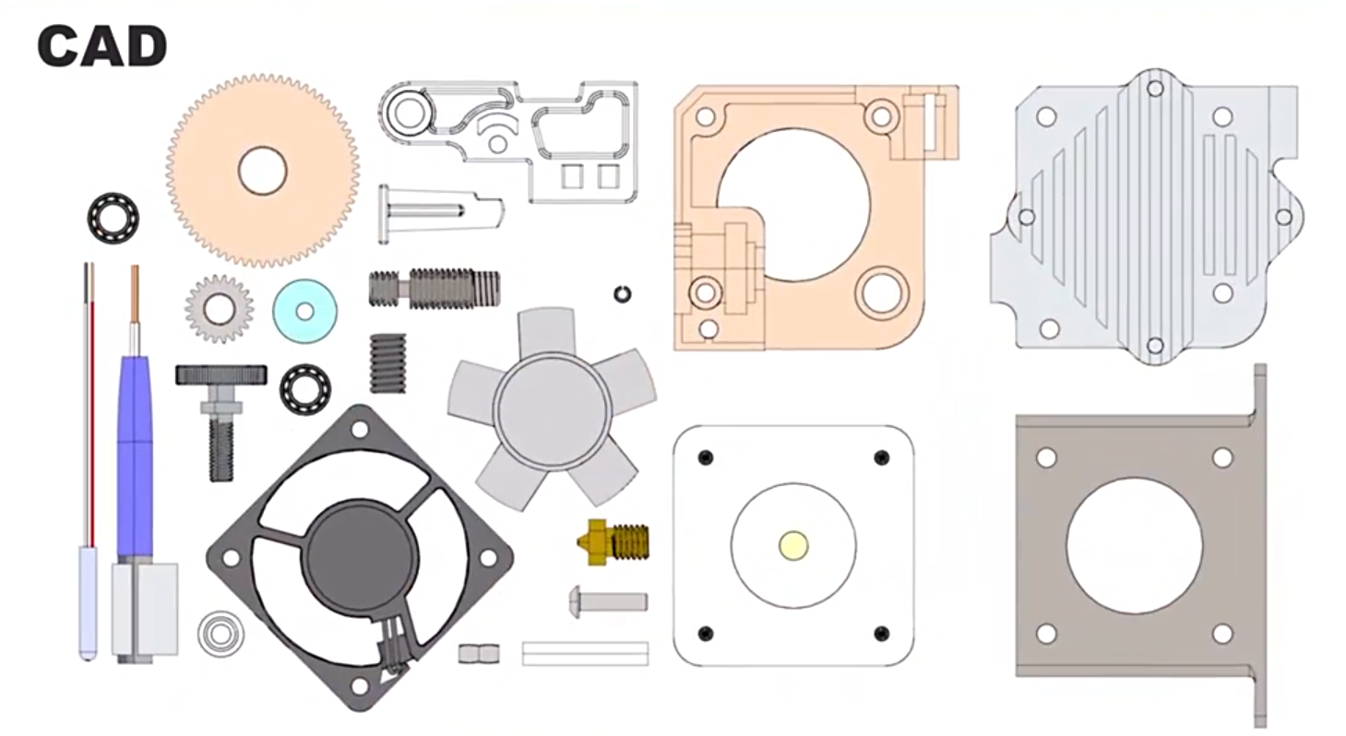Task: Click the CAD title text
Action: coord(102,46)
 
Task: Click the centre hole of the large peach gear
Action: coord(263,171)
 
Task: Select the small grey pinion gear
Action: coord(219,309)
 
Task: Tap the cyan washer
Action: coord(304,311)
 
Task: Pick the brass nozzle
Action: coord(613,542)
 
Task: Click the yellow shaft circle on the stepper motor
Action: coord(793,545)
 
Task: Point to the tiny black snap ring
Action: coord(623,294)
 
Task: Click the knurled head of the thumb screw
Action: coord(221,374)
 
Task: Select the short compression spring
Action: coord(387,363)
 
